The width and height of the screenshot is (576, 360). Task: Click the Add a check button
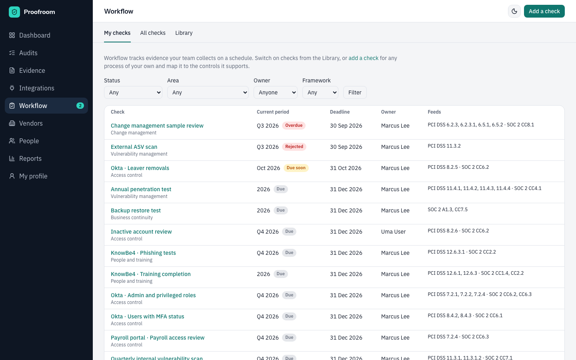(x=544, y=11)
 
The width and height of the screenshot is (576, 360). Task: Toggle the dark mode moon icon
(x=514, y=11)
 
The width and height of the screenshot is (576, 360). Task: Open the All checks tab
(x=153, y=33)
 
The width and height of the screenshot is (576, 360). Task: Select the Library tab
(x=184, y=33)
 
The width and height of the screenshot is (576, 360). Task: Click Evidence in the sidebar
(x=32, y=70)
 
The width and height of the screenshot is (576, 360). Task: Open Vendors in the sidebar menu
(x=31, y=124)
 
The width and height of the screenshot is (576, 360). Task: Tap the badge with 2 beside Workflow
(x=80, y=106)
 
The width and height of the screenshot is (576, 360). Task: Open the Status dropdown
(x=133, y=92)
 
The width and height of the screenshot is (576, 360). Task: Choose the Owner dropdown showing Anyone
(x=275, y=92)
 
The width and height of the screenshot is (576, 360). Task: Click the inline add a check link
(x=363, y=58)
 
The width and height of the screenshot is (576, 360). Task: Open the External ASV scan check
(x=134, y=147)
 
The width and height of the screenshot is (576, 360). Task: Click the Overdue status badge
(x=294, y=126)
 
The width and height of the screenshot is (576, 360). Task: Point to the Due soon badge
(x=296, y=168)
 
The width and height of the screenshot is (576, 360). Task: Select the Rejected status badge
(x=294, y=146)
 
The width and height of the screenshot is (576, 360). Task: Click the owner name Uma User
(x=393, y=232)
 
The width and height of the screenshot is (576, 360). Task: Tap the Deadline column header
(x=340, y=112)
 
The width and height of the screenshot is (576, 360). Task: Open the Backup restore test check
(x=136, y=210)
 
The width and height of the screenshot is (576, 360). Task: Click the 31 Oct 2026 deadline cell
(x=346, y=168)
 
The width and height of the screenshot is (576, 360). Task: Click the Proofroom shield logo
(x=14, y=12)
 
